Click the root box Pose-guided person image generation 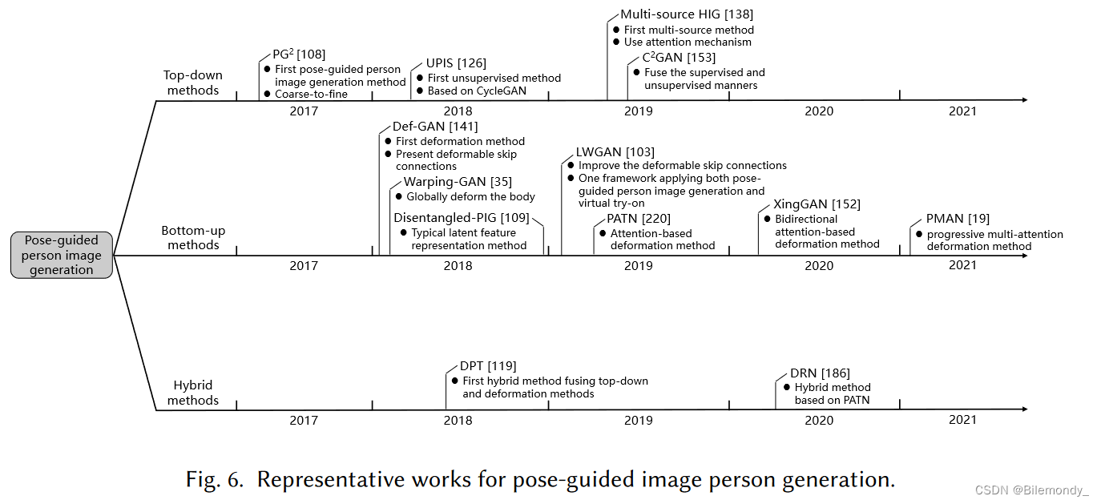(62, 255)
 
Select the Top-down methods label (193, 83)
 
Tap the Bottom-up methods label (193, 238)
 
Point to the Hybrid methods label (193, 393)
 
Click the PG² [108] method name (299, 54)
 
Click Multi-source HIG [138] (687, 14)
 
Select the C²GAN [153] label (679, 58)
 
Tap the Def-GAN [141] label (435, 127)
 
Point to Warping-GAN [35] (458, 182)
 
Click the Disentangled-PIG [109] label (462, 218)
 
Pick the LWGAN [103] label (615, 152)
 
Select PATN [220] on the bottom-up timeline (639, 219)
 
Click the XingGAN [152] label (817, 204)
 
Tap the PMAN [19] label (958, 219)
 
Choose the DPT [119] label (488, 366)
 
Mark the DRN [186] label (820, 373)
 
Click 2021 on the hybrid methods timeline (962, 421)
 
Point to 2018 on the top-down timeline (458, 111)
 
